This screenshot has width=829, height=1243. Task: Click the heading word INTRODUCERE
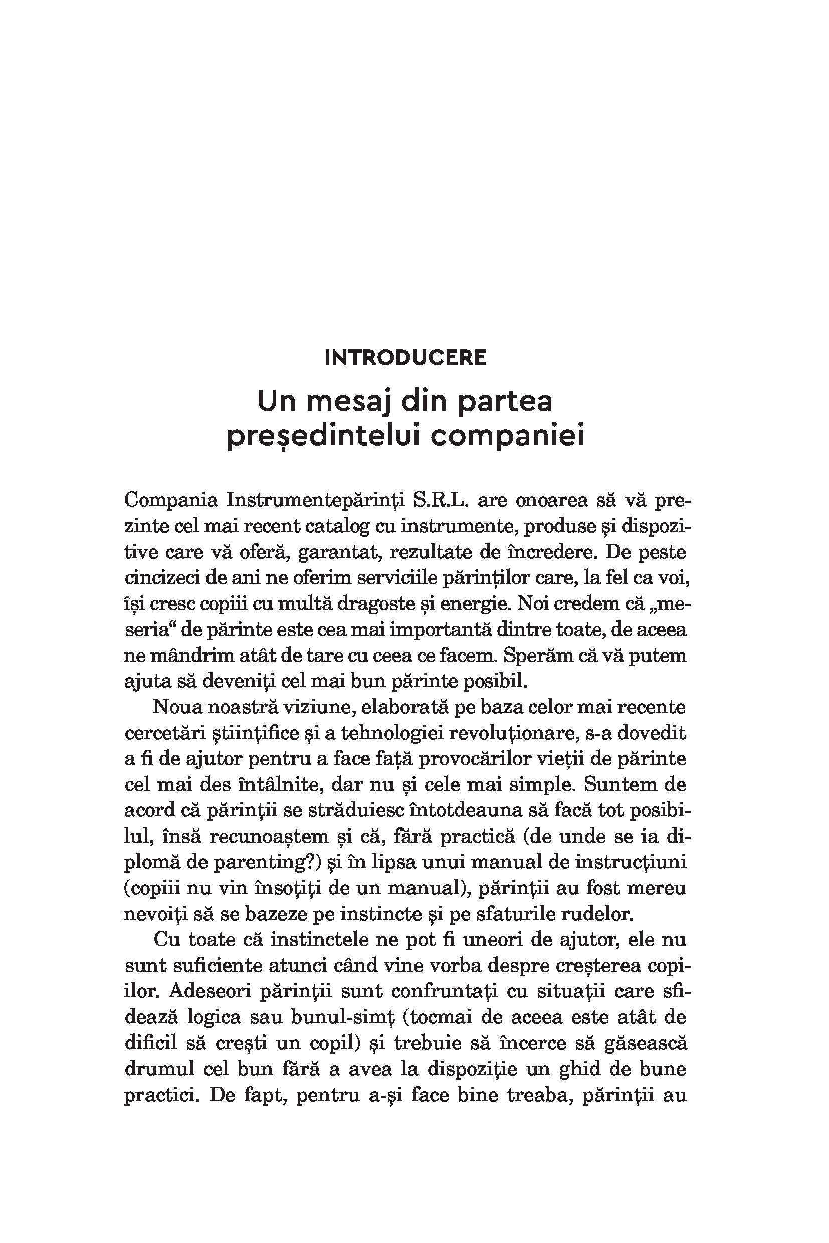[x=405, y=358]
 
